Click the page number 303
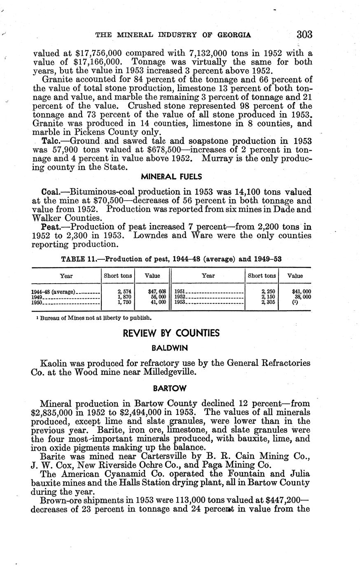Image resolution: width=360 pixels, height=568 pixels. click(x=304, y=34)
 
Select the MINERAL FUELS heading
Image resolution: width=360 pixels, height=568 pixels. click(x=171, y=177)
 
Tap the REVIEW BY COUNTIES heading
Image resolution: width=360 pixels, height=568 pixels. click(x=171, y=333)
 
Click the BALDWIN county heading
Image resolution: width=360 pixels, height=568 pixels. click(x=170, y=348)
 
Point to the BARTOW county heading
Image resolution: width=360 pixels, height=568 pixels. click(x=170, y=388)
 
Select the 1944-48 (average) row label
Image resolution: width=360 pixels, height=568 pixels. click(x=54, y=292)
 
